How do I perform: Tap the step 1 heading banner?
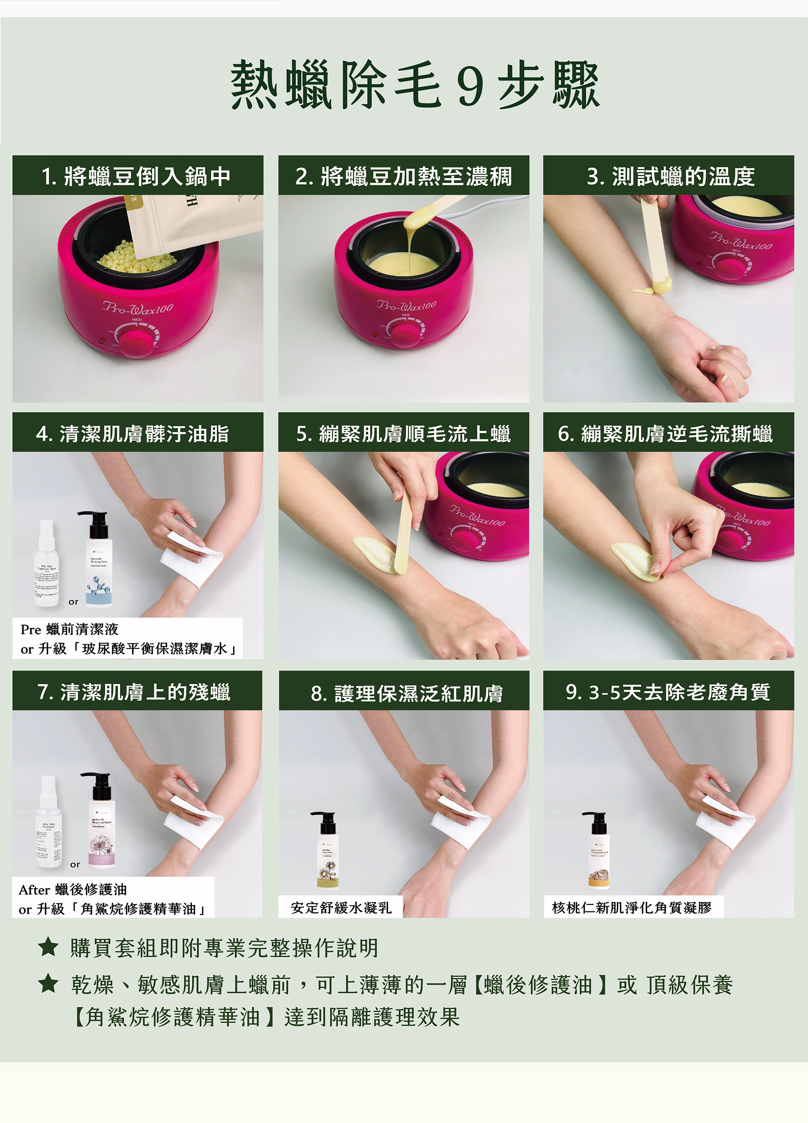click(x=138, y=176)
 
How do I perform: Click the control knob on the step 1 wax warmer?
click(x=137, y=342)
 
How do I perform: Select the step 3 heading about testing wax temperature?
click(x=668, y=176)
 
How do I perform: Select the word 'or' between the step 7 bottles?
click(x=75, y=865)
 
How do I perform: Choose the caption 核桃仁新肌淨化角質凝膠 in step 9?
click(x=632, y=907)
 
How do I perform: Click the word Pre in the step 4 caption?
click(x=30, y=629)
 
